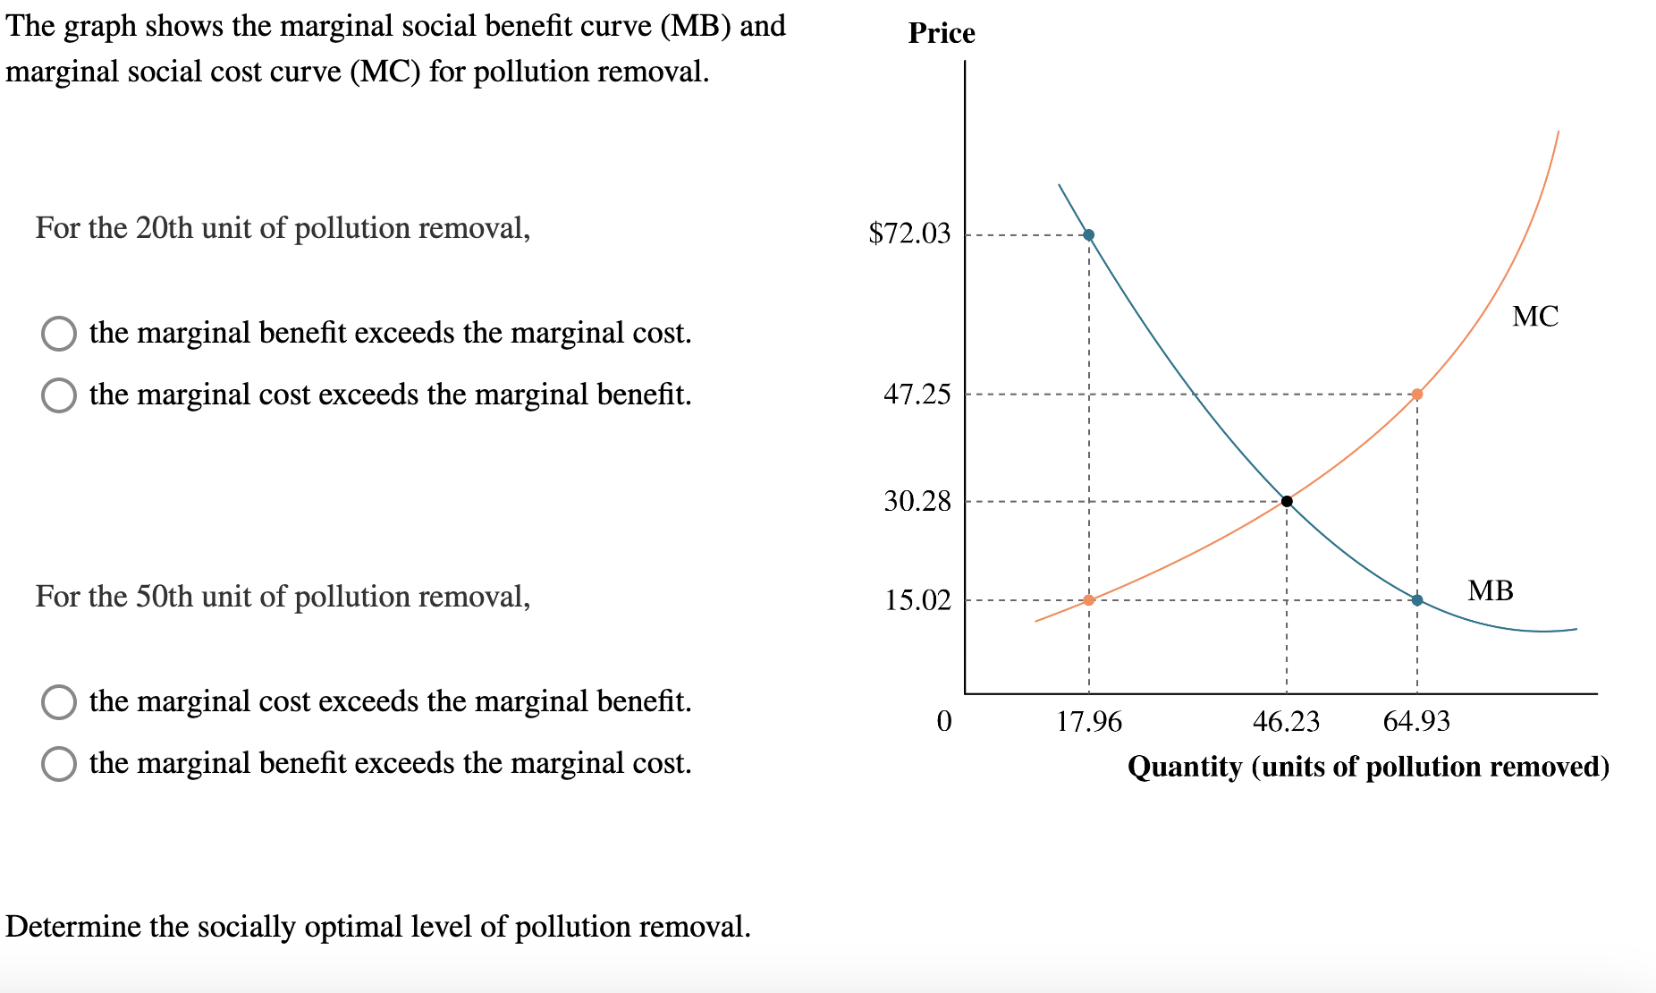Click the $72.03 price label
pos(909,233)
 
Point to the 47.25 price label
pos(917,395)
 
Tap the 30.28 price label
pos(917,501)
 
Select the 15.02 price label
pos(917,600)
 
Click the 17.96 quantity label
pos(1088,722)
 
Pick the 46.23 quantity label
pos(1286,722)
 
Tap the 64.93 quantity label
pos(1416,722)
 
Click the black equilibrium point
pos(1287,501)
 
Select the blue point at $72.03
pos(1088,235)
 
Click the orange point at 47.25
pos(1417,395)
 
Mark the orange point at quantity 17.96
pos(1088,600)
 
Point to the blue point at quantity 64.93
pos(1417,600)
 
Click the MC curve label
pos(1535,317)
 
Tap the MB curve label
pos(1491,590)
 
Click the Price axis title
pos(941,33)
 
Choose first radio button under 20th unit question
pos(59,333)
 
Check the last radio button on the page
pos(59,764)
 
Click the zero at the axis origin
pos(944,721)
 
